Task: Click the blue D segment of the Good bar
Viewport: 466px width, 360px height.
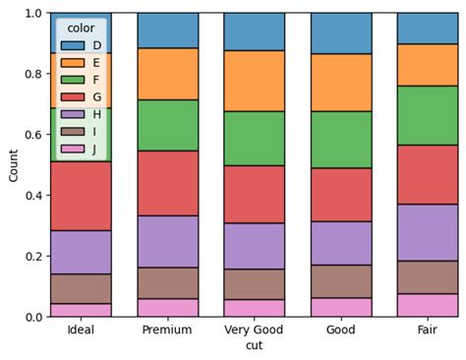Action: (340, 33)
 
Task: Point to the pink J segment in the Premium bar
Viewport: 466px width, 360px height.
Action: (167, 307)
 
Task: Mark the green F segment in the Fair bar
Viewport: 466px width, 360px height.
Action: (428, 115)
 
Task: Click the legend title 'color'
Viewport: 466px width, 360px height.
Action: (81, 29)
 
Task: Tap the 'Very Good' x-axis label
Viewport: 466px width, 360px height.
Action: (254, 330)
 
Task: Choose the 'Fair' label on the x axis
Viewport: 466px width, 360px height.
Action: (428, 330)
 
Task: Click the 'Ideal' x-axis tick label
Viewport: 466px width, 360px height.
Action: (81, 330)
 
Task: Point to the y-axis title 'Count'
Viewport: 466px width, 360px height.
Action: (13, 165)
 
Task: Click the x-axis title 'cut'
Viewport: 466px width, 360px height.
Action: (254, 346)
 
